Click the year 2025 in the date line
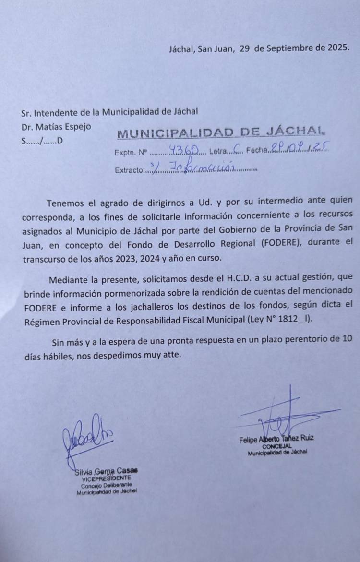click(x=338, y=48)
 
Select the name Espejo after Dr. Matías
click(x=75, y=127)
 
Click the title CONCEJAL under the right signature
click(x=277, y=446)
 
